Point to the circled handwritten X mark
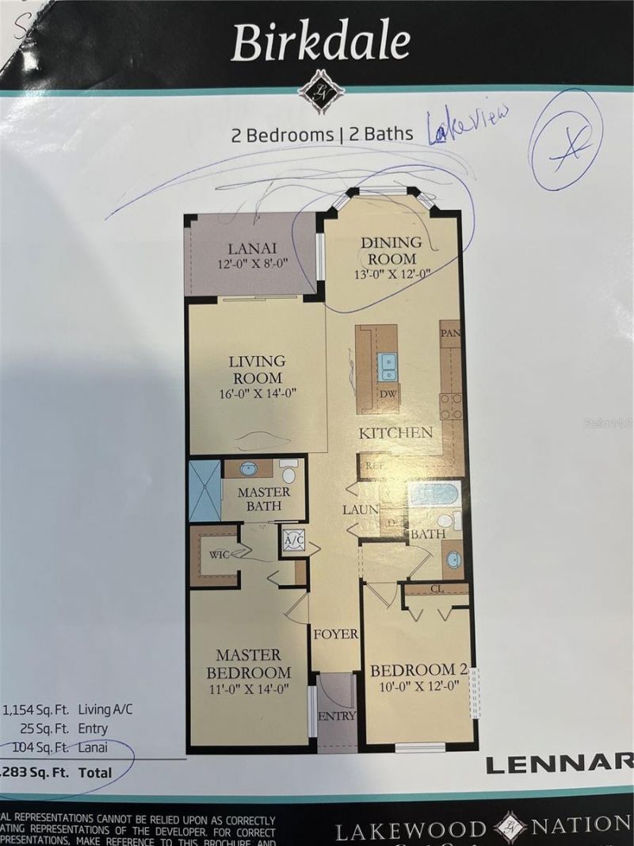pos(566,141)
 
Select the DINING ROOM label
pos(389,251)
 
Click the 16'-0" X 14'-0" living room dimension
pos(256,393)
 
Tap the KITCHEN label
pos(395,433)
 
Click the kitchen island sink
pos(388,366)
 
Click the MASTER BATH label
pos(264,499)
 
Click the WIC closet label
pos(218,554)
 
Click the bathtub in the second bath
pos(433,495)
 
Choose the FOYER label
pos(335,634)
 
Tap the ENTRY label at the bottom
pos(337,716)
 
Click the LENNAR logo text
pos(558,764)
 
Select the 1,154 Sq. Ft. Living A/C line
pos(67,710)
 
